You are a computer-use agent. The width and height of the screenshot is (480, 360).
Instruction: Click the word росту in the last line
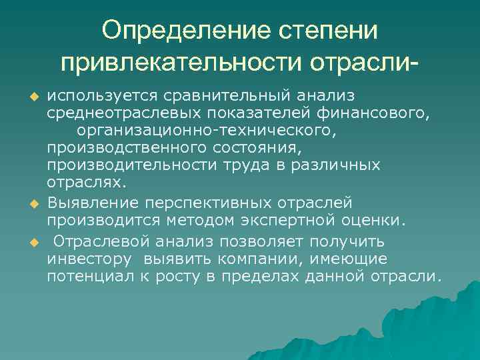pyautogui.click(x=177, y=275)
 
